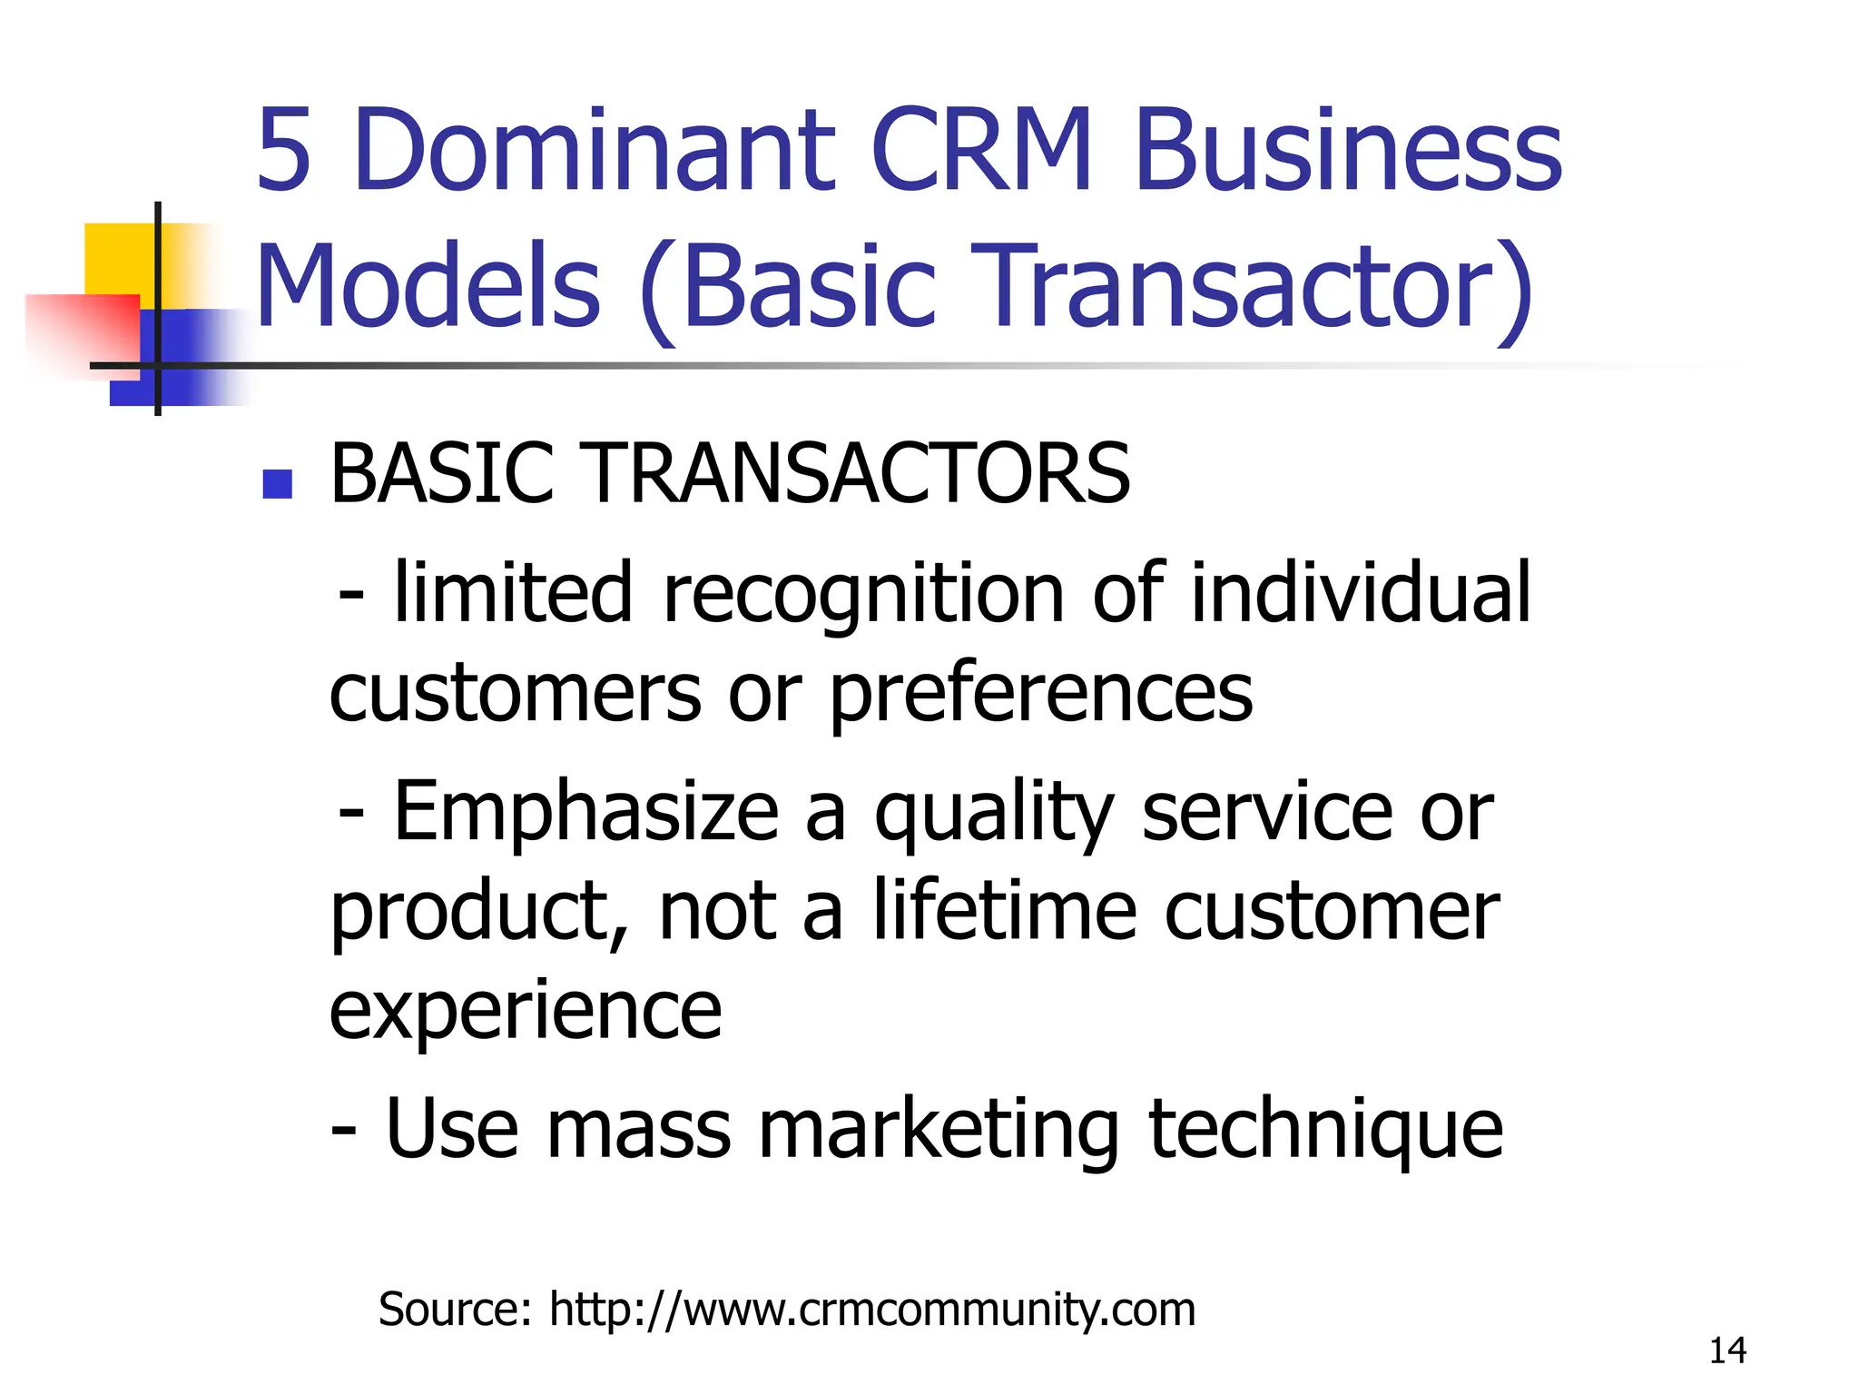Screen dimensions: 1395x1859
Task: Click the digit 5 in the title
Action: coord(284,150)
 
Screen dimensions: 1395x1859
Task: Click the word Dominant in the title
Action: coord(595,150)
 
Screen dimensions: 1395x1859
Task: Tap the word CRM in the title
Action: coord(982,150)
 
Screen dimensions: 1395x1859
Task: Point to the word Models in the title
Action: coord(428,286)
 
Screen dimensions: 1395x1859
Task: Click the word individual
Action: coord(1360,592)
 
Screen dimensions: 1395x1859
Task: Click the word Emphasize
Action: coord(586,811)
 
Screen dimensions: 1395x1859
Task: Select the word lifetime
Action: coord(1004,911)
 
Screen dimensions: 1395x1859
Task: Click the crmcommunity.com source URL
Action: coord(871,1310)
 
